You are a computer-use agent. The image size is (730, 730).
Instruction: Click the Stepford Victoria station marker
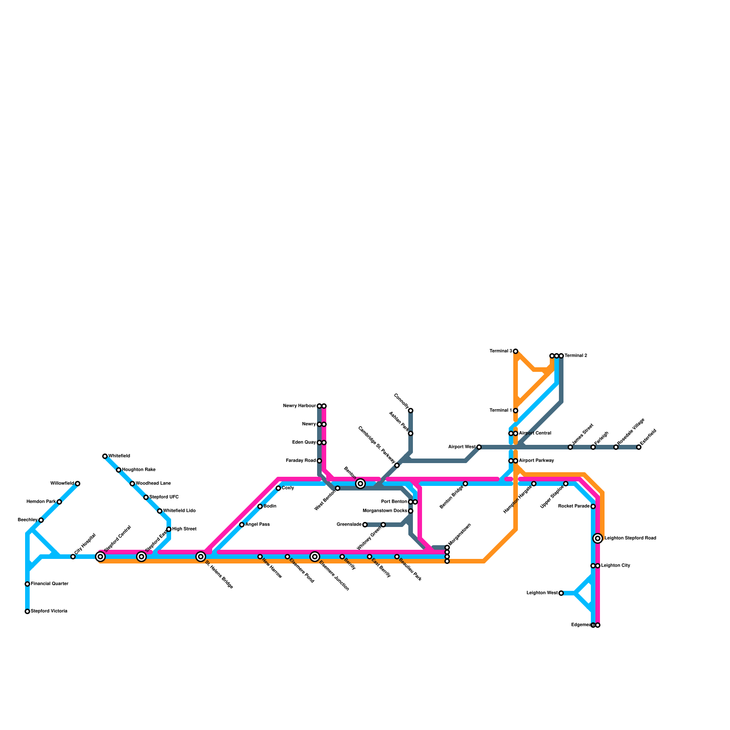coord(27,611)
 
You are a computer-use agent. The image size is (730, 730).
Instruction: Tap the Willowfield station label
coord(62,484)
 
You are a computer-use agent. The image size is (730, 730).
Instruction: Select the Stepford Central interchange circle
coord(100,557)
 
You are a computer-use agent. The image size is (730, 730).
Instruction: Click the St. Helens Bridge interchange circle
coord(201,557)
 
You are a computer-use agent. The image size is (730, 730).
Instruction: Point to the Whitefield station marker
coord(105,456)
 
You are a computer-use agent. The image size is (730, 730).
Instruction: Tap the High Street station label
coord(184,529)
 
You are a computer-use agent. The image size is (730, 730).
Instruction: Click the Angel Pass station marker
coord(242,525)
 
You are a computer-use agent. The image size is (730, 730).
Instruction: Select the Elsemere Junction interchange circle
coord(315,557)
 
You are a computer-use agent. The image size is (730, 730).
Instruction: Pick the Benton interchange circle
coord(360,484)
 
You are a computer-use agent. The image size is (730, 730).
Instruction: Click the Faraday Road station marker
coord(319,461)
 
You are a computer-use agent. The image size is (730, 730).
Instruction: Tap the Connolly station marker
coord(411,411)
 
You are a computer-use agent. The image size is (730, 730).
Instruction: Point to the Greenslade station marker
coord(365,525)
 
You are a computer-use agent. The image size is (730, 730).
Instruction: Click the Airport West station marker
coord(479,447)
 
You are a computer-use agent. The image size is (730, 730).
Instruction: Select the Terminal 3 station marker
coord(516,351)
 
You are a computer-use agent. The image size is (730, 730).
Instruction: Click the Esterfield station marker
coord(639,447)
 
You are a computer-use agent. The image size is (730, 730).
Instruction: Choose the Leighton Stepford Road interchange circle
coord(598,538)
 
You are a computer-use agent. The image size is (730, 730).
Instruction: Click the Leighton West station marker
coord(561,593)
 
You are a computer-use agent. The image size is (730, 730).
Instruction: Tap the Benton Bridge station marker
coord(465,484)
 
